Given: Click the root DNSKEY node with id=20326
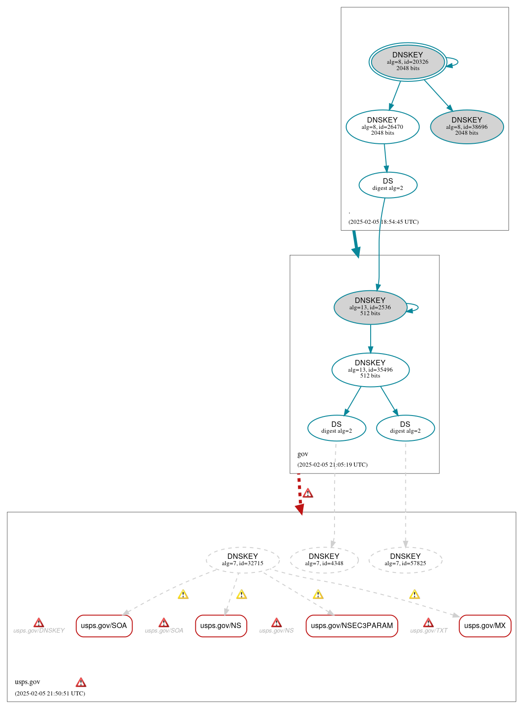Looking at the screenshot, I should tap(408, 62).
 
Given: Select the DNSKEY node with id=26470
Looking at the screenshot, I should tap(382, 127).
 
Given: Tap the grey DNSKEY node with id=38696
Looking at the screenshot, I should tap(466, 127).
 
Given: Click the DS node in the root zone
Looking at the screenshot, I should tap(388, 184).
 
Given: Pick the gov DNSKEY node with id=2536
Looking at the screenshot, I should tap(370, 307).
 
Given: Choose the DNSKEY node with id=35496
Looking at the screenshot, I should tap(370, 370).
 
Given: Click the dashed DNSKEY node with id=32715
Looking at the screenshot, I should tap(243, 560).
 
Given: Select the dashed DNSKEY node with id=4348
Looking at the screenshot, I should tap(324, 560).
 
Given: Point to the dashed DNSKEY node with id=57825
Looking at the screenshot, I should tap(405, 560).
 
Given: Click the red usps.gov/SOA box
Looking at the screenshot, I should tap(104, 626).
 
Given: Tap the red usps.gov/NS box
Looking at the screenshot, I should tap(221, 626).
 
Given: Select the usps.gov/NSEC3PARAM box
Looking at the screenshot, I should tap(352, 626).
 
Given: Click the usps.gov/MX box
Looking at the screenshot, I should tap(485, 626).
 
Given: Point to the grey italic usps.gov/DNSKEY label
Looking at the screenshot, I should tap(39, 630).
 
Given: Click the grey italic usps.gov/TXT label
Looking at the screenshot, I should tap(429, 630).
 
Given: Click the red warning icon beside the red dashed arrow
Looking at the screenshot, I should tap(308, 493).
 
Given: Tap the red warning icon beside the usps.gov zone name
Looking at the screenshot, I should tap(81, 682).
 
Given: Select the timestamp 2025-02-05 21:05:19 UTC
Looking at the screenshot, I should tap(332, 465).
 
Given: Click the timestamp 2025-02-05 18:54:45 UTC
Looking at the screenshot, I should tap(383, 222).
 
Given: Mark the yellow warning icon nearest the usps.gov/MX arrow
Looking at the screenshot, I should tap(415, 595).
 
